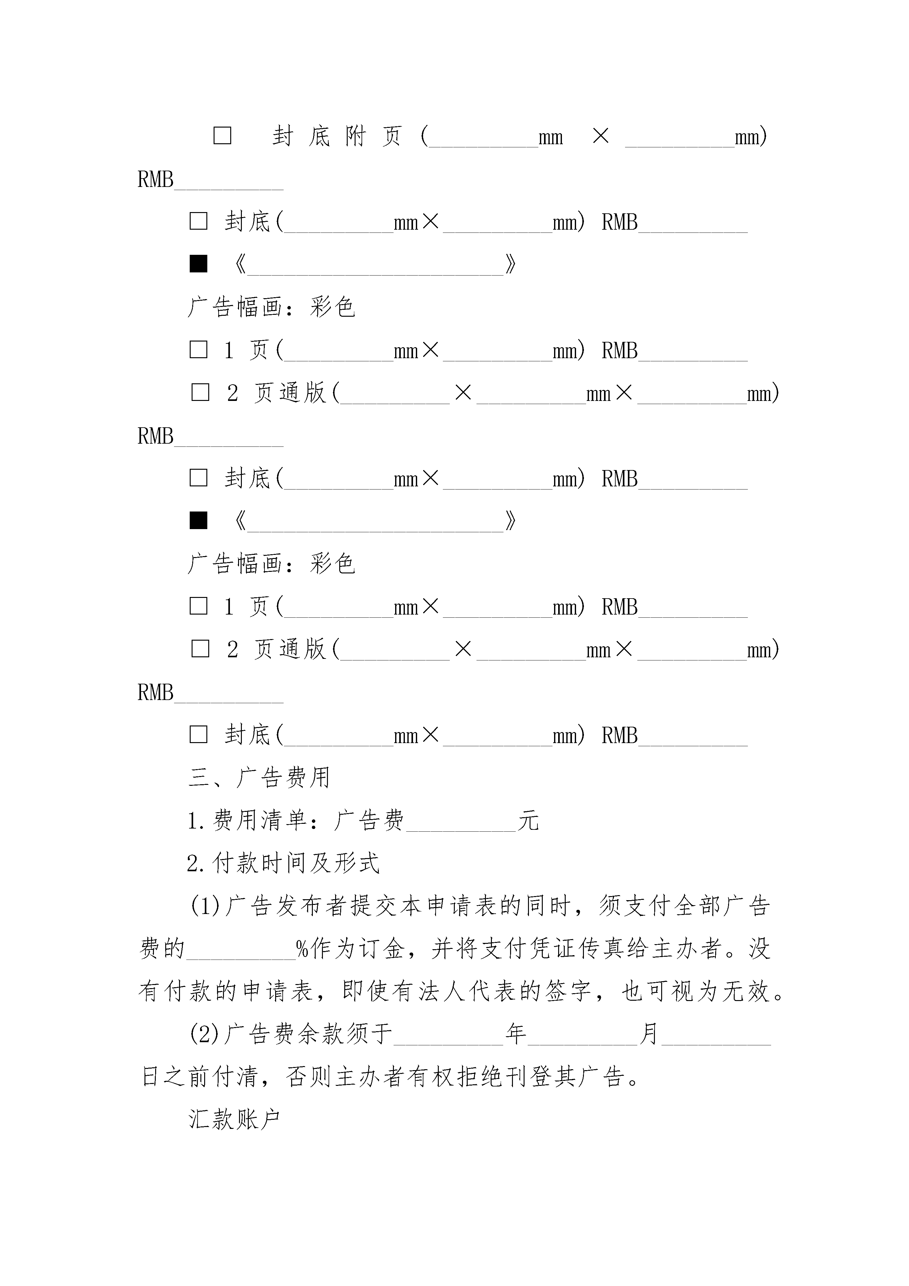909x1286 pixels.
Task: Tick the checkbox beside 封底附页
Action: pyautogui.click(x=222, y=135)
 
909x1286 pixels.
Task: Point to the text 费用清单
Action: pyautogui.click(x=260, y=821)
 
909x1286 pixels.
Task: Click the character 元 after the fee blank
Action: pyautogui.click(x=528, y=821)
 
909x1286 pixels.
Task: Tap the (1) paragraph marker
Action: pyautogui.click(x=205, y=906)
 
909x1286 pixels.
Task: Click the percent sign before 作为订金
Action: pyautogui.click(x=303, y=949)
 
